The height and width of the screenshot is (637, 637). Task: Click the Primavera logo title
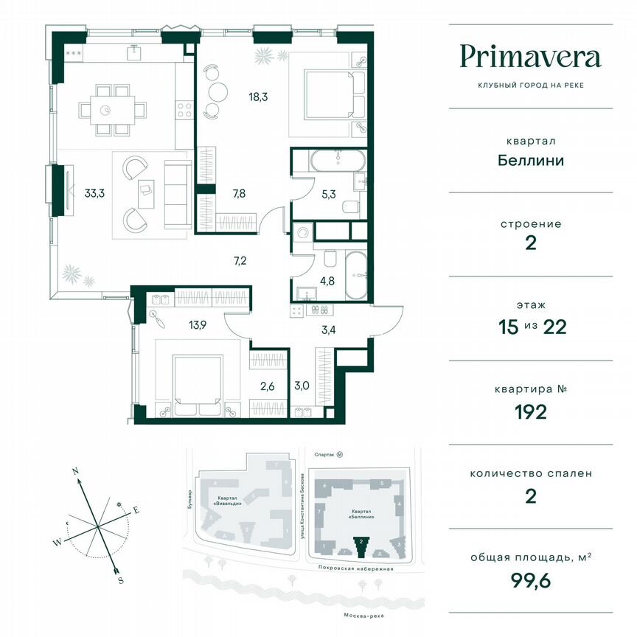point(530,57)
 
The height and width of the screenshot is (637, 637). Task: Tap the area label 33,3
point(94,195)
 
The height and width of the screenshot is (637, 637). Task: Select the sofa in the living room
point(176,193)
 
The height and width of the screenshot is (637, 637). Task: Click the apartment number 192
point(530,411)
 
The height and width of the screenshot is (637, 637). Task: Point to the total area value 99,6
point(530,581)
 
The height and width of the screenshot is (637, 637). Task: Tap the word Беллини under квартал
point(530,160)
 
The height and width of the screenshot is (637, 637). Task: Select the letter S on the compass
point(120,579)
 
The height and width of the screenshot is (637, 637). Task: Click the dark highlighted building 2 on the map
point(361,546)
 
